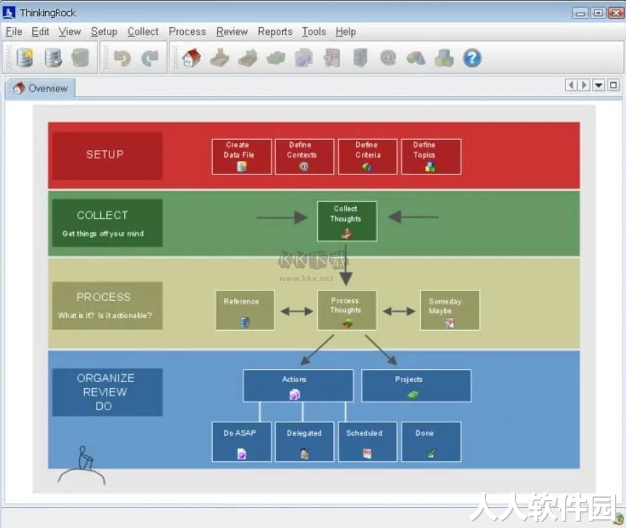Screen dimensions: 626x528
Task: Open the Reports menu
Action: tap(275, 32)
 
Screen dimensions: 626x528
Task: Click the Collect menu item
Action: tap(143, 32)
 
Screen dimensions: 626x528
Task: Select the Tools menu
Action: tap(314, 32)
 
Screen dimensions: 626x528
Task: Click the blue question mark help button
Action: tap(472, 58)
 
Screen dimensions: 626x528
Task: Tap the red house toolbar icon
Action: tap(192, 58)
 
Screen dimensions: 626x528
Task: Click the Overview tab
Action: tap(40, 88)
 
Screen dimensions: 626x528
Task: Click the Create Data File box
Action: tap(241, 156)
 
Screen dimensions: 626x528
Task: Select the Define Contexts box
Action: tap(304, 156)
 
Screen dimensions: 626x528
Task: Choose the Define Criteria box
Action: tap(367, 156)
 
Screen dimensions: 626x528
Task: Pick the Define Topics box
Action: tap(431, 156)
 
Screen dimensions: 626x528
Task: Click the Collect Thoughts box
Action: tap(347, 221)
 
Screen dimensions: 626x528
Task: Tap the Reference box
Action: tap(245, 310)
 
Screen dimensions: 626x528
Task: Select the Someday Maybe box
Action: tap(450, 310)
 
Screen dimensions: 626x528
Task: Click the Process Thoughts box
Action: tap(347, 310)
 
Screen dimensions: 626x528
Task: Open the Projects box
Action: tap(416, 386)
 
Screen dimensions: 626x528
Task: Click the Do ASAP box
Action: tap(241, 442)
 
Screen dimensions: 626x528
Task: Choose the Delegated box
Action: tap(304, 442)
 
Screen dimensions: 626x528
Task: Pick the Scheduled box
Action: tap(367, 442)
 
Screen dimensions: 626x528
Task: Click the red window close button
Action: tap(615, 13)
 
